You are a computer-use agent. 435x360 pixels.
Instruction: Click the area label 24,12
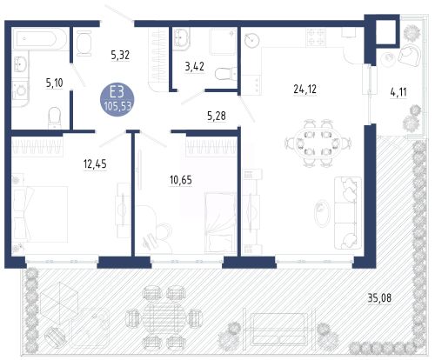click(304, 89)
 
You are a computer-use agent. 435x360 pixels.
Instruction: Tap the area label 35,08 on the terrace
click(379, 297)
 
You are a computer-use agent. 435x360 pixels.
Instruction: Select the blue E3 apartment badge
click(117, 98)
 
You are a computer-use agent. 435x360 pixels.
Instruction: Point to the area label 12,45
click(95, 164)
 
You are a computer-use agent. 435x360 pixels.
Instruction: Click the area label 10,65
click(181, 180)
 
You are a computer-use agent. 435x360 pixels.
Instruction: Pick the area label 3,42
click(194, 67)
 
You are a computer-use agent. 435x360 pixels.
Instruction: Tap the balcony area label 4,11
click(398, 92)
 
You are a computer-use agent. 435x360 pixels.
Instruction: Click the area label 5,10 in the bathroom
click(54, 83)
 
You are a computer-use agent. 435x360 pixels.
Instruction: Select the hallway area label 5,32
click(120, 55)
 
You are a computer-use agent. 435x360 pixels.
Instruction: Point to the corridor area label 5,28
click(217, 116)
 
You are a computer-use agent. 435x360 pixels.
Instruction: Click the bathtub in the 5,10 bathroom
click(40, 39)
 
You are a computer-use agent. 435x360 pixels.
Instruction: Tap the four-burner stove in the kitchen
click(316, 37)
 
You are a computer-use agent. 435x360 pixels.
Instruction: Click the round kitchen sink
click(251, 40)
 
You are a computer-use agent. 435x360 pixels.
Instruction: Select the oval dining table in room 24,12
click(318, 143)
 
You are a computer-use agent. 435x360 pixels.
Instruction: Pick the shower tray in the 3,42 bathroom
click(223, 42)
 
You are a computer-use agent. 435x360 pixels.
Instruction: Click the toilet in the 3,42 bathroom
click(226, 74)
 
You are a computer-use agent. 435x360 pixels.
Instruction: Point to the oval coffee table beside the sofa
click(322, 213)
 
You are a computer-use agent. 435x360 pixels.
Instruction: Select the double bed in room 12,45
click(40, 214)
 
